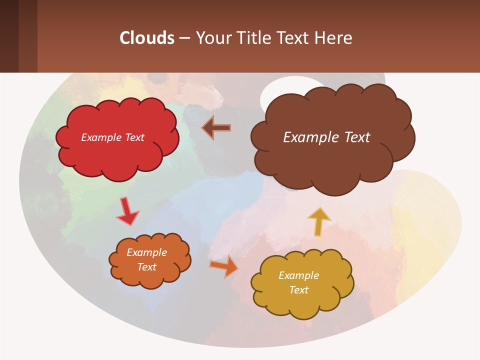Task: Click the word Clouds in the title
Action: click(x=147, y=38)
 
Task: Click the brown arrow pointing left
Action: click(x=216, y=128)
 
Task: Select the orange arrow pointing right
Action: click(x=223, y=265)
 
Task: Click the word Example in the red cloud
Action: click(x=100, y=137)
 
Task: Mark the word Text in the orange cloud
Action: click(x=146, y=267)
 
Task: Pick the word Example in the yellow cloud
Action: click(x=298, y=275)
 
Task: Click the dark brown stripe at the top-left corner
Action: click(x=9, y=36)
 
